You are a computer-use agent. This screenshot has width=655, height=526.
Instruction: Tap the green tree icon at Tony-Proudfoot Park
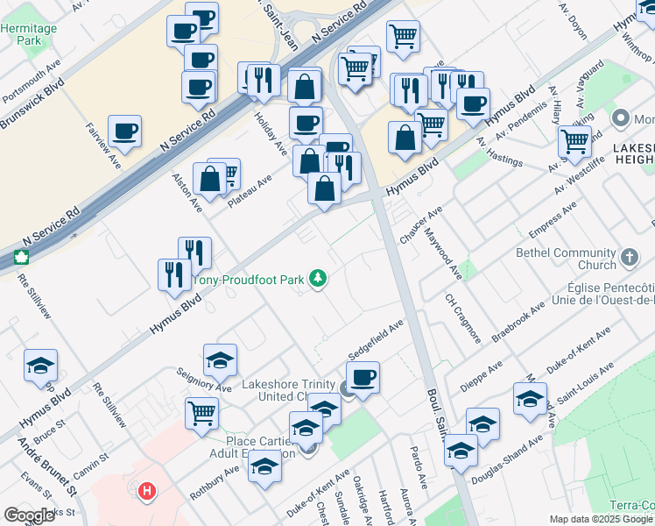click(x=319, y=280)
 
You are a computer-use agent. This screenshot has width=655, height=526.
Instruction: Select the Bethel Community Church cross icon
click(x=629, y=259)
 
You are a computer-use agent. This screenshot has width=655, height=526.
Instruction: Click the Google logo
click(x=30, y=515)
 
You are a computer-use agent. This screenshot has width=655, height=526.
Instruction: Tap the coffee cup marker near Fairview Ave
click(x=124, y=131)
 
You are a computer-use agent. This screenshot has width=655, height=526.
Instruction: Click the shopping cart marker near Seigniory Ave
click(x=202, y=411)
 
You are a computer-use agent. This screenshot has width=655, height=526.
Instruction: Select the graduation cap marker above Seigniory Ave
click(x=221, y=359)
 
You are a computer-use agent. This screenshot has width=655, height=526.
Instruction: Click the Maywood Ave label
click(x=443, y=253)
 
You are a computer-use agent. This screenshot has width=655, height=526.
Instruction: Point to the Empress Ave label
click(x=554, y=219)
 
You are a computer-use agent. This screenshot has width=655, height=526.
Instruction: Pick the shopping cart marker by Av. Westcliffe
click(x=574, y=140)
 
